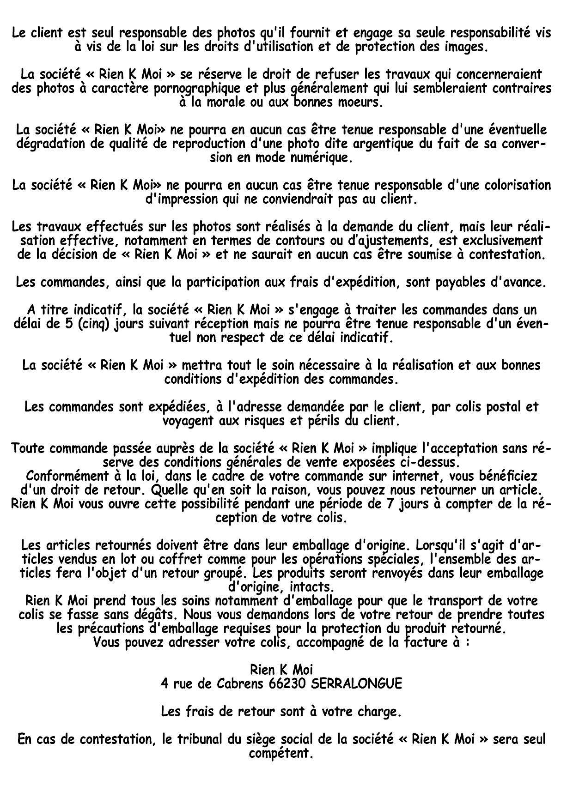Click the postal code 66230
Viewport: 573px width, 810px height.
tap(286, 684)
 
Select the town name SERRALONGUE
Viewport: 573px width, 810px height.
tap(356, 684)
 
